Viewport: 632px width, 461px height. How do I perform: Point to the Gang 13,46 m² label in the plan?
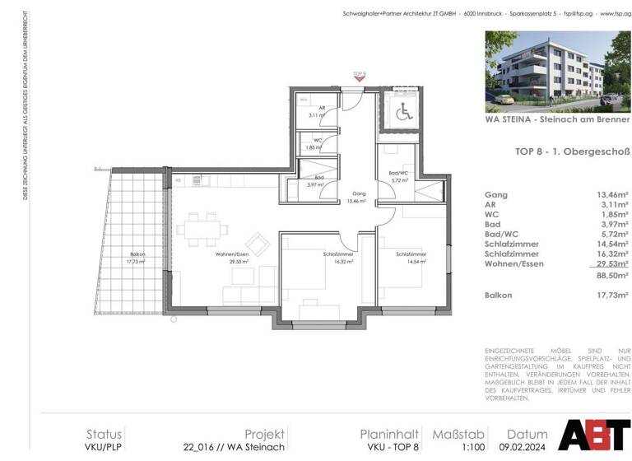357,195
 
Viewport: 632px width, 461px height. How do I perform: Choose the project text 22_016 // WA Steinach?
234,447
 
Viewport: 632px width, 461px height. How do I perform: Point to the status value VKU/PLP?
104,447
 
